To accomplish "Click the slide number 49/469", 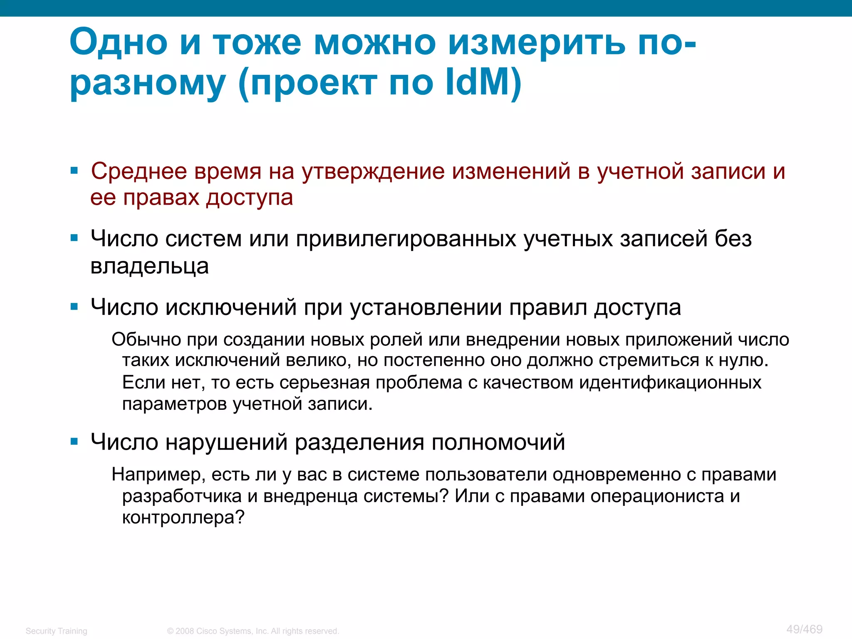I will click(x=804, y=629).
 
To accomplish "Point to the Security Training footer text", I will click(x=57, y=631).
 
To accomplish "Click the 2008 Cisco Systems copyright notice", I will click(x=253, y=631).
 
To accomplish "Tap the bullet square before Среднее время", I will click(x=74, y=171).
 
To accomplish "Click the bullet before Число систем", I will click(x=74, y=238).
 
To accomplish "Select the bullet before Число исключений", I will click(x=74, y=307).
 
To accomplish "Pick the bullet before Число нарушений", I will click(x=74, y=441).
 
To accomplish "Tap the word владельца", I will click(x=149, y=266).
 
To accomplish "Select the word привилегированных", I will click(x=406, y=239).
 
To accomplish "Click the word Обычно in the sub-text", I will click(x=146, y=339).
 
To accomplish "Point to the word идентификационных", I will click(x=670, y=382).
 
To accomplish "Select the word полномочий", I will click(x=498, y=442).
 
